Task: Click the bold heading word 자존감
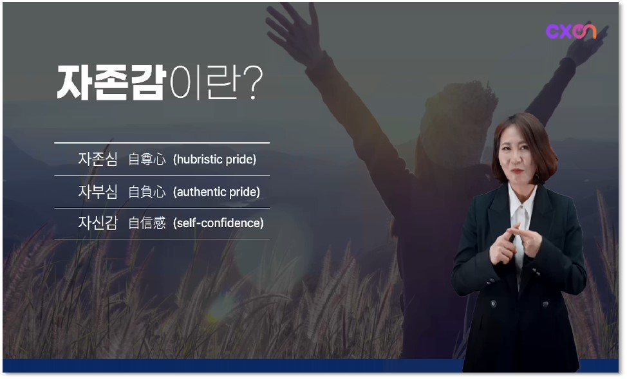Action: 111,82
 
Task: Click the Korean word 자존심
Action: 98,159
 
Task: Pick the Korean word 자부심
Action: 98,192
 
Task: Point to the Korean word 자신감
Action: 98,223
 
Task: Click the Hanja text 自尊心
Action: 147,159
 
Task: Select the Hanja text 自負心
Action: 147,192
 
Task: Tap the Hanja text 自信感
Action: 147,223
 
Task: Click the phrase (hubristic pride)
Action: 215,160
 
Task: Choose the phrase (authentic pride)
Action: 216,192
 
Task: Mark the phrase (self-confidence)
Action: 218,223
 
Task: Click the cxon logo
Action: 571,31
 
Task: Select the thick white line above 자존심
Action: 162,142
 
